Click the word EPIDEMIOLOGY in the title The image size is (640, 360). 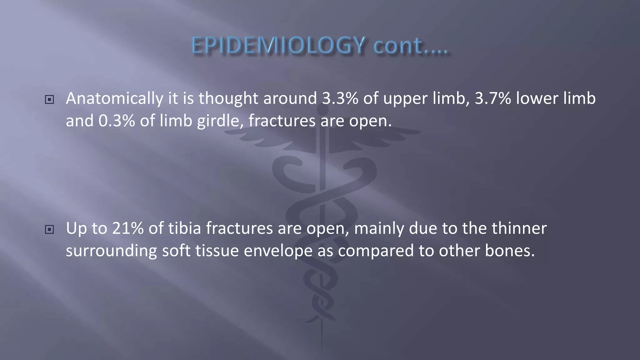tap(278, 46)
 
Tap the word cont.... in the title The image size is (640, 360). tap(411, 46)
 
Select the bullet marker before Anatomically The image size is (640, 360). tap(49, 100)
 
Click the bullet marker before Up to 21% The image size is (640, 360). tap(49, 230)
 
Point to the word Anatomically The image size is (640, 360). tap(114, 99)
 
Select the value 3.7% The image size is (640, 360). tap(493, 98)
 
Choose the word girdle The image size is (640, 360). tap(220, 121)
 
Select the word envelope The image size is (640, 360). tap(278, 251)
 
